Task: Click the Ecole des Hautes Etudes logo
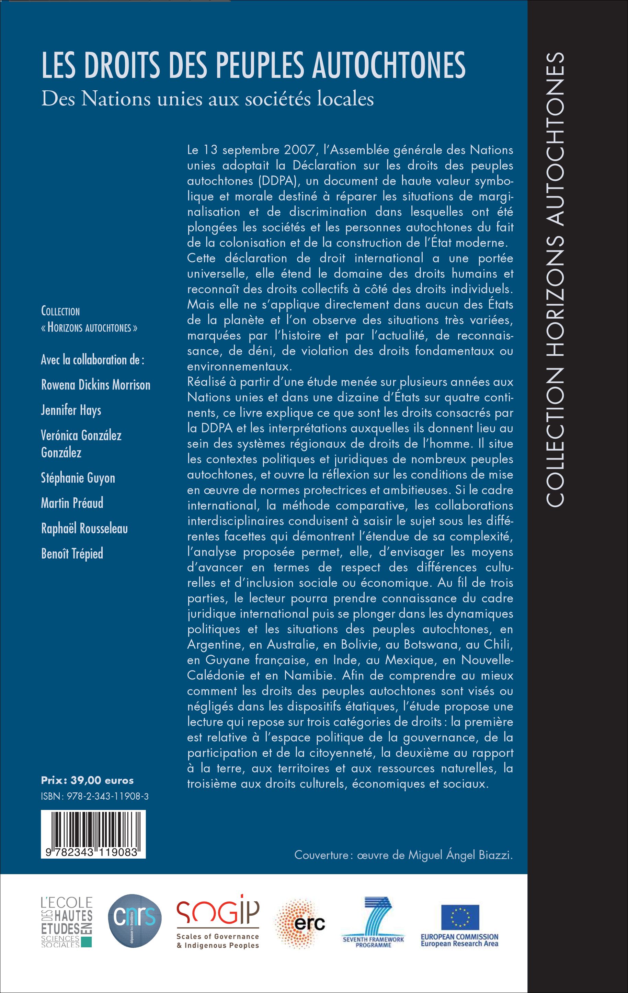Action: coord(66,921)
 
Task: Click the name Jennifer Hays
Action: coord(71,410)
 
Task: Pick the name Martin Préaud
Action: coord(72,503)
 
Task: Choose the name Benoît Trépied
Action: coord(72,553)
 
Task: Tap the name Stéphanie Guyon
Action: coord(78,478)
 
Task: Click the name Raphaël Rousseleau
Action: coord(84,528)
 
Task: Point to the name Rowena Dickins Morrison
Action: coord(96,385)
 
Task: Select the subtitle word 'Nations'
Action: coord(115,99)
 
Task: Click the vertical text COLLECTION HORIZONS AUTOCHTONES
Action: coord(555,280)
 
